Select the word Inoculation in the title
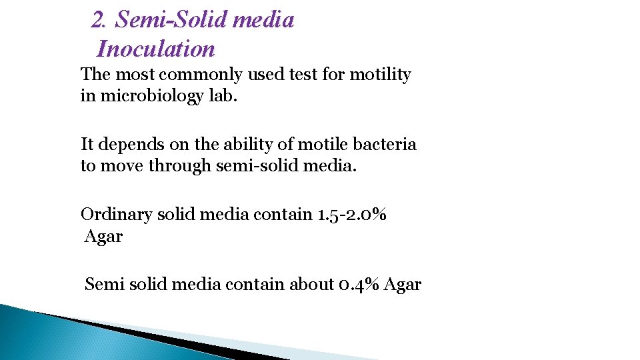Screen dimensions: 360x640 [x=156, y=49]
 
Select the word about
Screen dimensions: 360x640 [x=312, y=285]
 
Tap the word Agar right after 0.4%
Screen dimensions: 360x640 [x=403, y=285]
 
